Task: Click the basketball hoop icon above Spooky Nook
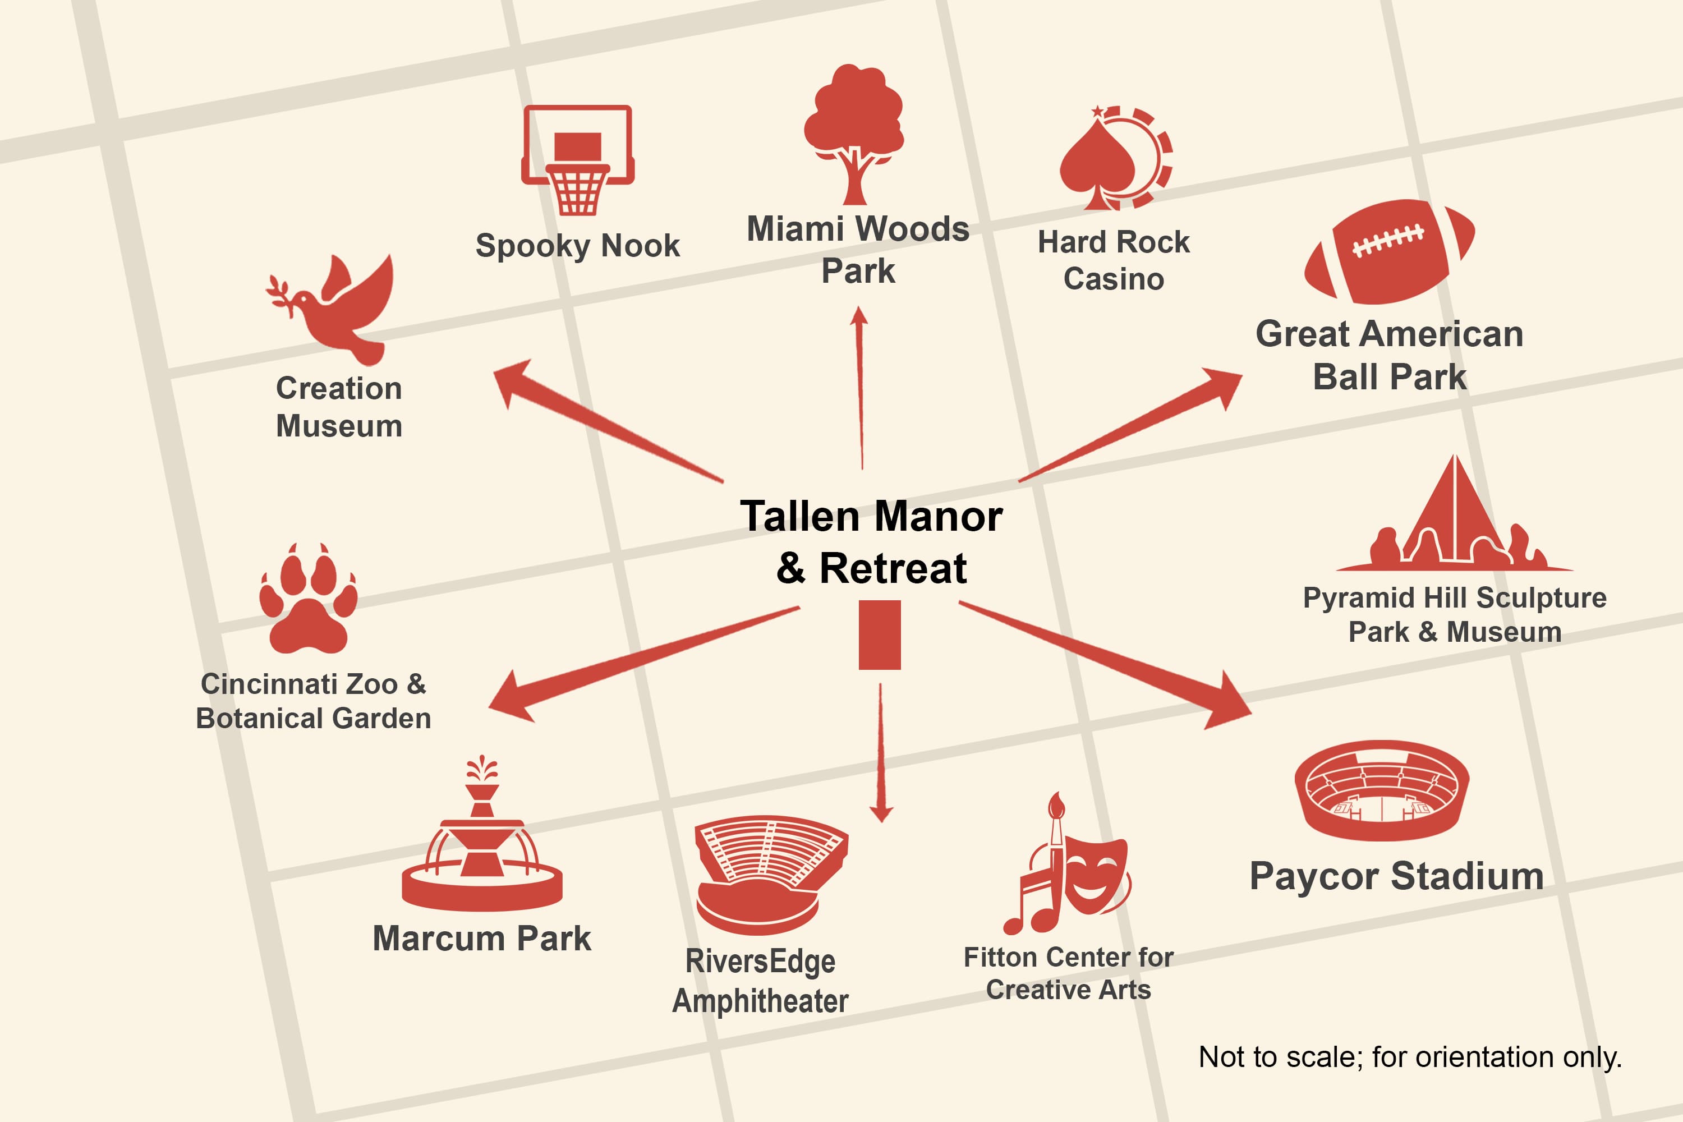[577, 159]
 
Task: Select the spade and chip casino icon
[1116, 158]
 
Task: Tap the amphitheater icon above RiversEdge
[771, 875]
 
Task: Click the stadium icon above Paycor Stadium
[1382, 790]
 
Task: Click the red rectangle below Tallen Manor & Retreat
[880, 634]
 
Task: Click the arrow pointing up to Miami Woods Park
[860, 388]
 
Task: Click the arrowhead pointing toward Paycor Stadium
[1227, 702]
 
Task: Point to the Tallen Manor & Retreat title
[872, 542]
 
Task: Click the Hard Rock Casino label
[1114, 260]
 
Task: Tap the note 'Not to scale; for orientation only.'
[1410, 1057]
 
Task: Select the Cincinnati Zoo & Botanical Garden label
[314, 701]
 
